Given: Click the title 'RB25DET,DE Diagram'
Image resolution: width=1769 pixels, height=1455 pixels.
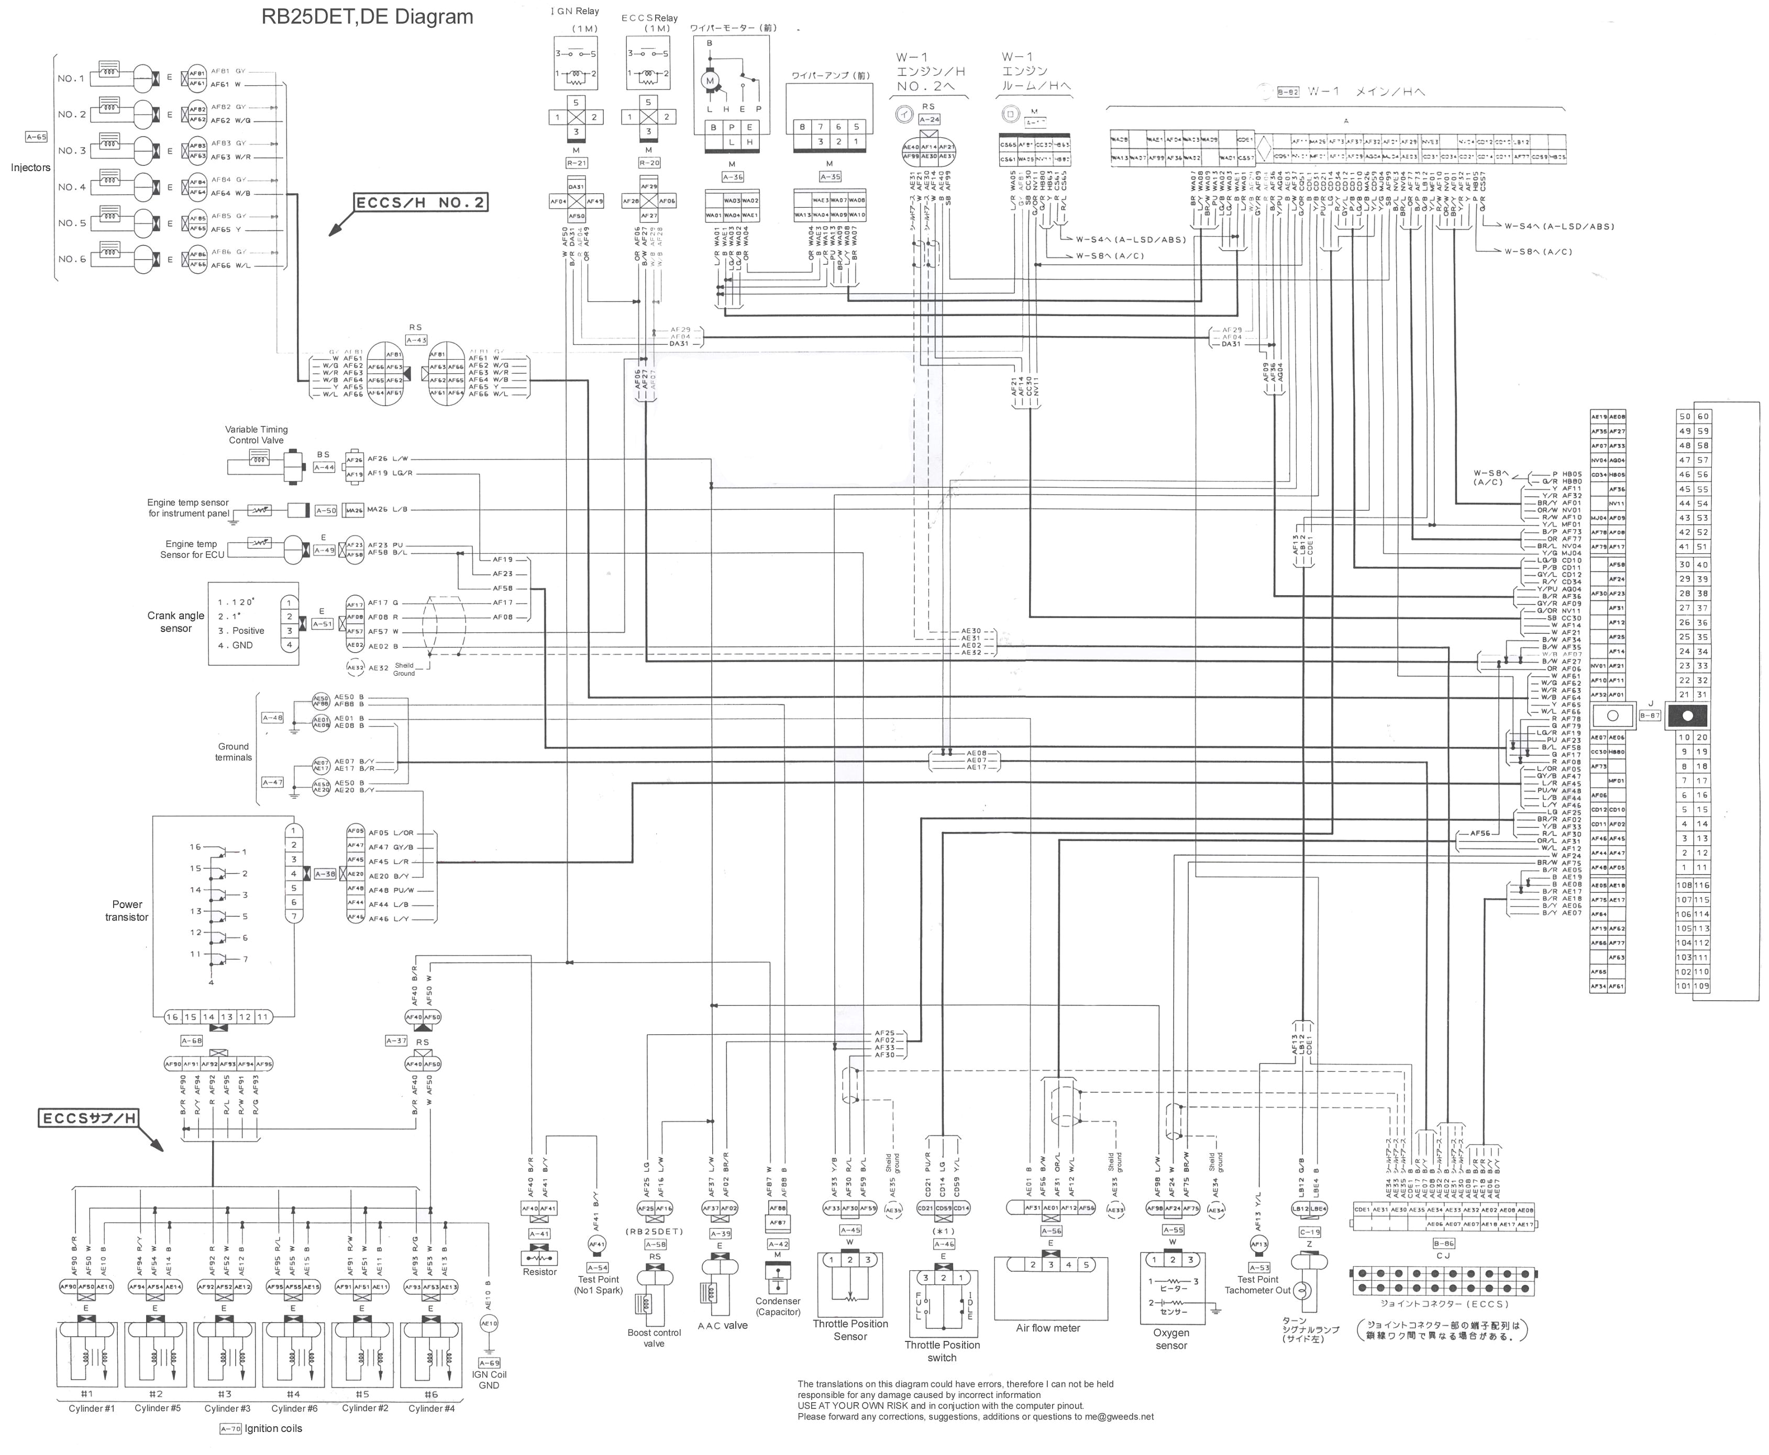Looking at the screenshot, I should pos(367,17).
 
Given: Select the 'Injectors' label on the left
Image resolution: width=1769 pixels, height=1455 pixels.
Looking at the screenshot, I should pos(30,167).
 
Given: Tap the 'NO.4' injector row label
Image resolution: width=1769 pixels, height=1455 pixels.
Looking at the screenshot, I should pos(71,187).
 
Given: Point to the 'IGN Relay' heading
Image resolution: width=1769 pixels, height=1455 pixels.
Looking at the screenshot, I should pos(575,12).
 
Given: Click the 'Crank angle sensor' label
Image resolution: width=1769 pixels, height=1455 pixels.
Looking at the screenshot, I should pos(176,621).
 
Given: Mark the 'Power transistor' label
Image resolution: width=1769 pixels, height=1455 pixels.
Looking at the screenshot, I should pos(127,910).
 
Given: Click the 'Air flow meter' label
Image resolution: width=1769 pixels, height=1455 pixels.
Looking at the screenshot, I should pos(1048,1328).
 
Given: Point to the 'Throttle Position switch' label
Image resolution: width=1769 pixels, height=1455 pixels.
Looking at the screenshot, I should pos(942,1351).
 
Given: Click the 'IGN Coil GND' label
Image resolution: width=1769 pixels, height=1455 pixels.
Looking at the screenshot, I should pos(489,1380).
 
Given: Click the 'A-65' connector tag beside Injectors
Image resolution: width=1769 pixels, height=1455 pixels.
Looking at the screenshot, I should pos(36,137).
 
